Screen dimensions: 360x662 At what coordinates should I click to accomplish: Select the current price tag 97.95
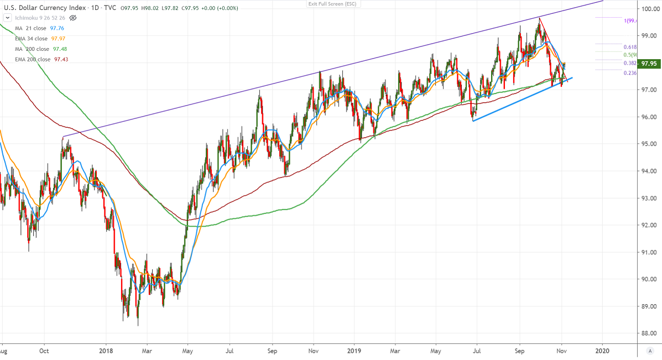[648, 64]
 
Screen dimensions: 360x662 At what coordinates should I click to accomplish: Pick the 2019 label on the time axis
[354, 351]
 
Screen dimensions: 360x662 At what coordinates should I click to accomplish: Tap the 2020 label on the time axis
[602, 351]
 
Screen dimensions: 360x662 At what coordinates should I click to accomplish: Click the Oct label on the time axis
[45, 351]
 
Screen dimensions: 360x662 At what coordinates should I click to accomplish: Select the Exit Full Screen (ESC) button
[332, 4]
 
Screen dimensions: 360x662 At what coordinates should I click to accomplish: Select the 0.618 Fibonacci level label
[630, 48]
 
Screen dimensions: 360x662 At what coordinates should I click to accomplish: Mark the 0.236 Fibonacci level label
[630, 73]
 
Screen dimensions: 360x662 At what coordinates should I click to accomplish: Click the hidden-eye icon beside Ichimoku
[74, 18]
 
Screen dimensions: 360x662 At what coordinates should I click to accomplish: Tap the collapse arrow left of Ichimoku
[6, 18]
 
